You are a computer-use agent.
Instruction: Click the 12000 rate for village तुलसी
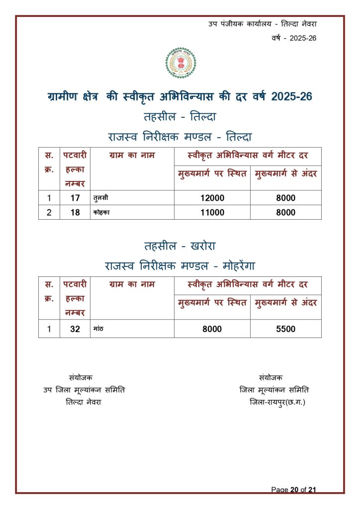tap(212, 198)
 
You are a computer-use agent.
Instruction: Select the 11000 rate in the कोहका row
tap(212, 212)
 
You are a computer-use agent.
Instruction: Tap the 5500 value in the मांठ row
tap(285, 329)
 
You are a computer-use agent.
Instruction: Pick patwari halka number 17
tap(75, 198)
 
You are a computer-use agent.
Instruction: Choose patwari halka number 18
tap(75, 212)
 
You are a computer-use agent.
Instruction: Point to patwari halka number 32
tap(75, 329)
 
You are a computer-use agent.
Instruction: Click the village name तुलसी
tap(101, 198)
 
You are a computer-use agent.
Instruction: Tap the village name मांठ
tap(97, 329)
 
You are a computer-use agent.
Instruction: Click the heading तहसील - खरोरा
tap(180, 246)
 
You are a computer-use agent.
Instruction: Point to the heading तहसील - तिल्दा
tap(180, 117)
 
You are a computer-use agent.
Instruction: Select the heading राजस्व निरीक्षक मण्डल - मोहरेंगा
tap(180, 265)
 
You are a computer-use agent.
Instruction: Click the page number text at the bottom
tap(293, 490)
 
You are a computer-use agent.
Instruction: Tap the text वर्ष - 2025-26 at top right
tap(294, 38)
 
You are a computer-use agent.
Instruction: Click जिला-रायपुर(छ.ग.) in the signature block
tap(277, 402)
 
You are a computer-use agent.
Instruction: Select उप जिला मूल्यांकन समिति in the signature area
tap(84, 390)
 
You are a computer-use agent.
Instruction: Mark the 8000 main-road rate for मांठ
tap(212, 329)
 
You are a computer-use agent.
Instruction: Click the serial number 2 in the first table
tap(49, 212)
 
